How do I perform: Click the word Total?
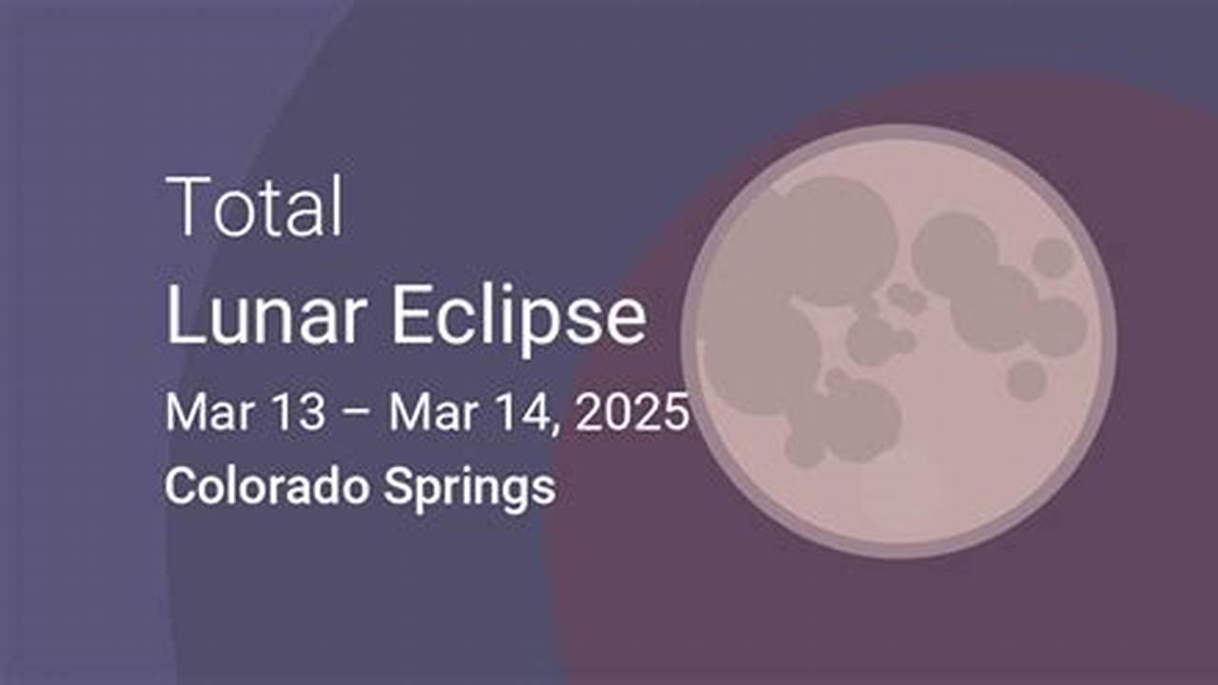coord(254,206)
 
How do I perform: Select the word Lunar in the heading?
coord(265,314)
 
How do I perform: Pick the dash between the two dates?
coord(356,413)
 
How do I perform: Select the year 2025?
coord(632,412)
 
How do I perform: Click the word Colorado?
coord(267,485)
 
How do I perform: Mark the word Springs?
coord(469,489)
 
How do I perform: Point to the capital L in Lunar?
coord(183,314)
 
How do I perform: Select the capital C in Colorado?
coord(182,485)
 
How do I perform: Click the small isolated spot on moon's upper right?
coord(1052,258)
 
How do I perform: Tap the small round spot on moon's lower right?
coord(1027,380)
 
